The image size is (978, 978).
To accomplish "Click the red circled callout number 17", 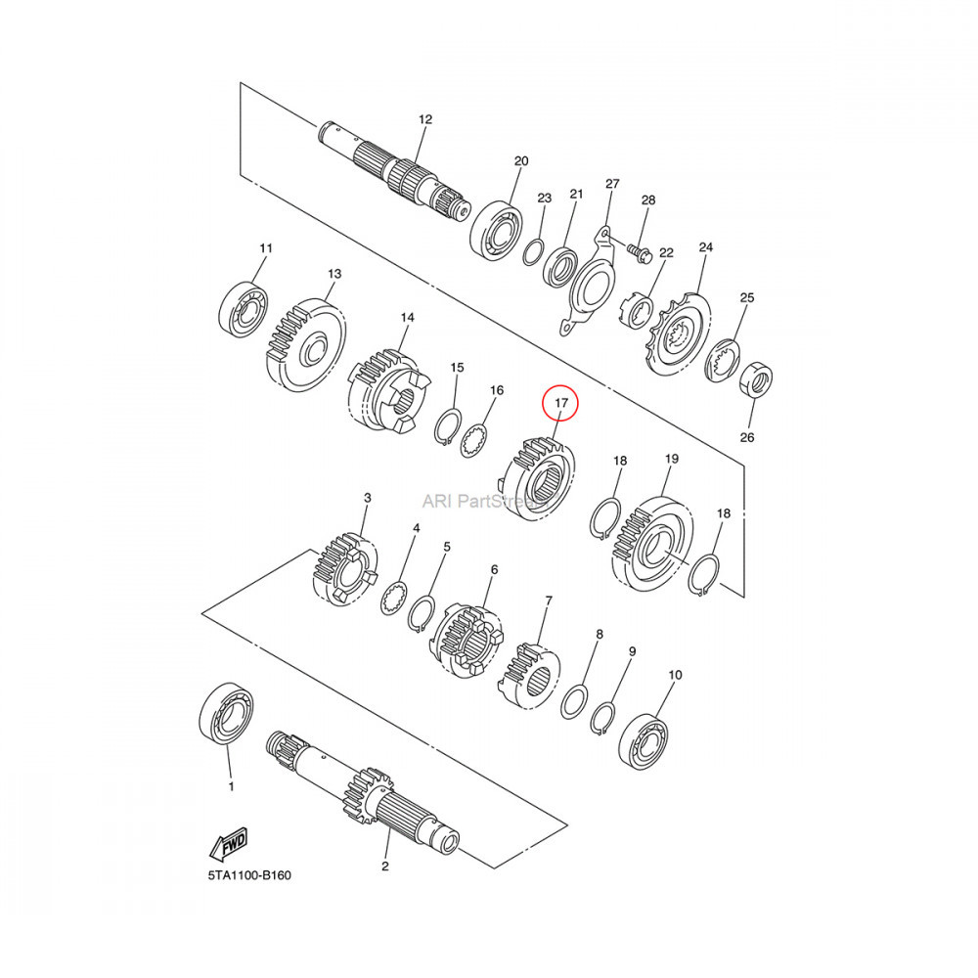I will pyautogui.click(x=561, y=403).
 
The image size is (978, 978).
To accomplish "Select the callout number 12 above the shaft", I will pyautogui.click(x=424, y=119).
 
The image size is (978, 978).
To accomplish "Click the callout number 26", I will pyautogui.click(x=747, y=437).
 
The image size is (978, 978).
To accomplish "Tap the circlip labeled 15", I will pyautogui.click(x=447, y=426).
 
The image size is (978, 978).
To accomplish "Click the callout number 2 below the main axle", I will pyautogui.click(x=385, y=867).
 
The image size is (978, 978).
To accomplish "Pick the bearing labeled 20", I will pyautogui.click(x=499, y=230).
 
